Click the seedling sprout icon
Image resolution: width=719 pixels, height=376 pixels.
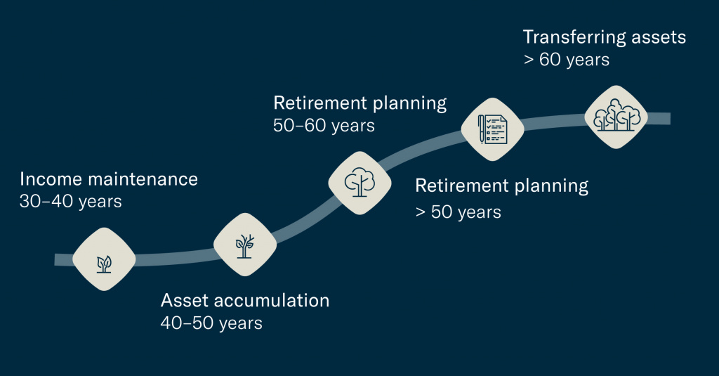tap(104, 264)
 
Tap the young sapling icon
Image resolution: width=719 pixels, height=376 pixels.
tap(244, 247)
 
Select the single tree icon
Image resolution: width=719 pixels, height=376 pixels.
tap(359, 182)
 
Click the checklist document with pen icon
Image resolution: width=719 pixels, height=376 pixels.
tap(492, 129)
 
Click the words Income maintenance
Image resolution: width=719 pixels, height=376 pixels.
tap(109, 179)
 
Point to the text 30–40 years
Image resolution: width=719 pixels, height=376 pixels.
tap(71, 202)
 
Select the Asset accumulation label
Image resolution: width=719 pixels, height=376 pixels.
tap(245, 300)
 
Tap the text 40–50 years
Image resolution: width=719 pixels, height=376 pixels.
tap(211, 323)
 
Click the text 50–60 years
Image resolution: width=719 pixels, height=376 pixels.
tap(324, 126)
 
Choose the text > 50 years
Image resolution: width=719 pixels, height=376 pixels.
tap(458, 212)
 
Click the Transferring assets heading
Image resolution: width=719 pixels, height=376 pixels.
tap(605, 37)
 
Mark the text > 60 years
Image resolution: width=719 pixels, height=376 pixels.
tap(567, 60)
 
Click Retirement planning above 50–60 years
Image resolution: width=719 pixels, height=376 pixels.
tap(360, 103)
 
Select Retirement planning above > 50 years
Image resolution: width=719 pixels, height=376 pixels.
tap(501, 186)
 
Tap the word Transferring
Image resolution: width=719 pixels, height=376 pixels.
tap(574, 37)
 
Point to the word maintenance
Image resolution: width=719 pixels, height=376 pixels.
tap(143, 179)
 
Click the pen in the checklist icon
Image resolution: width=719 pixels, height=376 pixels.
tap(481, 129)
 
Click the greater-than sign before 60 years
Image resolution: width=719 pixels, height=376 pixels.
tap(529, 60)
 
